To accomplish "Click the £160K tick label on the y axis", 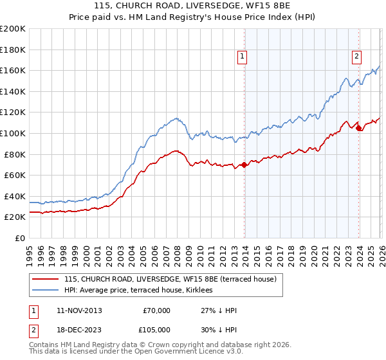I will click(x=13, y=70).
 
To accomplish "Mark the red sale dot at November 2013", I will click(x=244, y=165).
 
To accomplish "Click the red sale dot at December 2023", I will click(x=359, y=128).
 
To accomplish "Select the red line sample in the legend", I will click(x=45, y=279).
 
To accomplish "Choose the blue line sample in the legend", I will click(x=45, y=291).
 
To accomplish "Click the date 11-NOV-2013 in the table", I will click(x=79, y=310).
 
